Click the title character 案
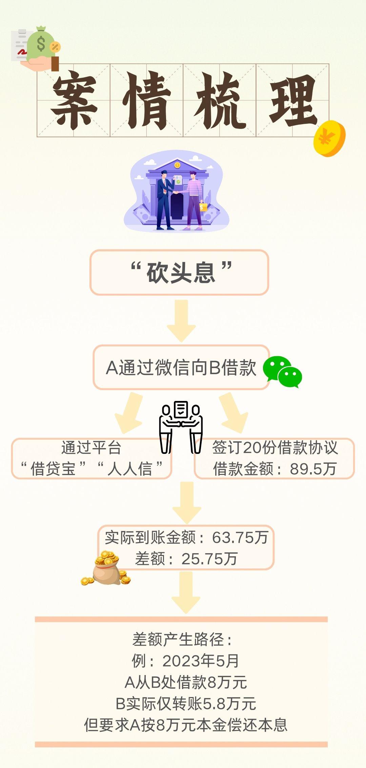coord(74,100)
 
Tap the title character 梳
coord(220,100)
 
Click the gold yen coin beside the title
coord(329,138)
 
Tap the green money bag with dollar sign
coord(41,44)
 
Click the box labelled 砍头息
coord(179,272)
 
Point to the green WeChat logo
coord(282,372)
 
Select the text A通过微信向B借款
coord(181,367)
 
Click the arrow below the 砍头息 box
coord(181,321)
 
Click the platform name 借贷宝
coord(53,469)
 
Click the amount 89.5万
coord(313,469)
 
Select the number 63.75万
coord(240,537)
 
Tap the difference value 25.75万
coord(209,559)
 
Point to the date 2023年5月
coord(201,660)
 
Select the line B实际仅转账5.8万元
coord(186,704)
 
